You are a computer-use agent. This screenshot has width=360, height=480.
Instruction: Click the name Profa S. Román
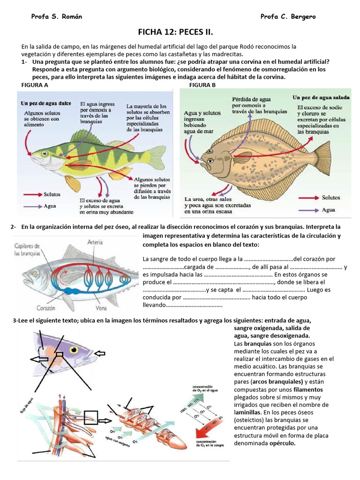[56, 17]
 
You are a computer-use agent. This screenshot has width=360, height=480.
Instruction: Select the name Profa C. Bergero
[288, 17]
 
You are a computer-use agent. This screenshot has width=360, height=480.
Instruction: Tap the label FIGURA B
[202, 85]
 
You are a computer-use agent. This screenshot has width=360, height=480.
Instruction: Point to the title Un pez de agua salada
[321, 97]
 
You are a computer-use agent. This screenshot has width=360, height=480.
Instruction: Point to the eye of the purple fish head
[74, 350]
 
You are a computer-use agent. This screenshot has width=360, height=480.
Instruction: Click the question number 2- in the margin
[14, 227]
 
